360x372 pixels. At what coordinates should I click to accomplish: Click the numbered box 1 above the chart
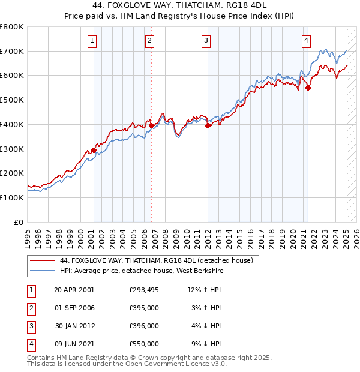pyautogui.click(x=92, y=41)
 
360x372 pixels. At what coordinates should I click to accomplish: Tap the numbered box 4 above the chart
pyautogui.click(x=306, y=41)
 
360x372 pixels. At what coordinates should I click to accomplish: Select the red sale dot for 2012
pyautogui.click(x=208, y=125)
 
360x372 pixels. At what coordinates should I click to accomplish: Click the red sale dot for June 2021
pyautogui.click(x=308, y=88)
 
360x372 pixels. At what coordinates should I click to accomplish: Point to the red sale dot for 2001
pyautogui.click(x=94, y=150)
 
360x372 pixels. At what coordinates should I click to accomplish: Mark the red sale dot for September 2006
pyautogui.click(x=151, y=125)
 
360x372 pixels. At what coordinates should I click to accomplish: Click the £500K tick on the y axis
pyautogui.click(x=12, y=100)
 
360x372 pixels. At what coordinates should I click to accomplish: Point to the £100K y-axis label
pyautogui.click(x=12, y=197)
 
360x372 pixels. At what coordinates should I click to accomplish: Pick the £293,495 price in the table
pyautogui.click(x=143, y=290)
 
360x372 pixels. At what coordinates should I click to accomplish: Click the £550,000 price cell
pyautogui.click(x=143, y=344)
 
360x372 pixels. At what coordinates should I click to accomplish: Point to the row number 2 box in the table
pyautogui.click(x=31, y=308)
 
